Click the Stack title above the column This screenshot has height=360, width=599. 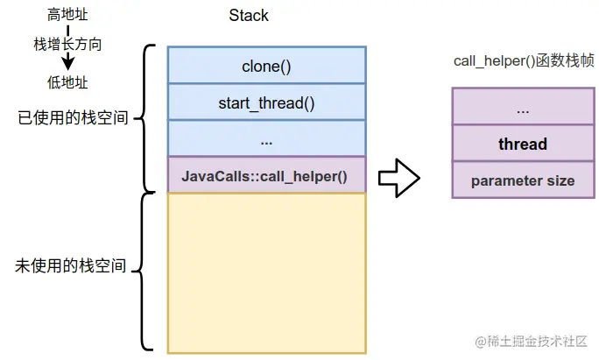coord(249,16)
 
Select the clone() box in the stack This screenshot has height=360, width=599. coord(266,65)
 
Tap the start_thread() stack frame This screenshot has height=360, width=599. coord(266,102)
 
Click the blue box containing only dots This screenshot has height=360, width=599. coord(266,138)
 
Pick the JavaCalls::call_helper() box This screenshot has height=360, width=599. coord(266,174)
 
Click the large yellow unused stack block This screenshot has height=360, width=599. coord(266,273)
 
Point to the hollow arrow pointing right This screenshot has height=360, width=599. coord(399,178)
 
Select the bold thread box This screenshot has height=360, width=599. coord(523,143)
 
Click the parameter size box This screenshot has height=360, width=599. coord(523,180)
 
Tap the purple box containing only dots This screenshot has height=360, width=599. coord(523,106)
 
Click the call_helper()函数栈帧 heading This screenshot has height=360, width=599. coord(524,60)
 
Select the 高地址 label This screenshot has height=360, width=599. coord(67,15)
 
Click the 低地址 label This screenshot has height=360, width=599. coord(67,82)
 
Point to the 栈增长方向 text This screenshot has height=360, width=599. coord(67,44)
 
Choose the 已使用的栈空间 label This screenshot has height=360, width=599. coord(73,117)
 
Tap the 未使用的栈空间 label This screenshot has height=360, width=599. coord(71,265)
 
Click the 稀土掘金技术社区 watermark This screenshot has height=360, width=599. coord(531,342)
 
